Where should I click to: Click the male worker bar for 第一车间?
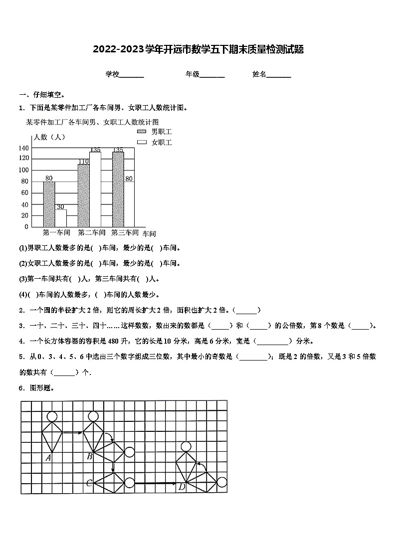tap(49, 204)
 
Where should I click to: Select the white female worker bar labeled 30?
tap(60, 218)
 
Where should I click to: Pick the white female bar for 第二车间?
tap(95, 189)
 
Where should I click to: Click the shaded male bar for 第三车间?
tap(118, 189)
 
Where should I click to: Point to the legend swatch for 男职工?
tap(142, 132)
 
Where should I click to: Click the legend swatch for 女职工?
tap(142, 143)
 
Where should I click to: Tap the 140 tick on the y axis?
tap(23, 148)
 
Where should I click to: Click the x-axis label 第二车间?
tap(91, 232)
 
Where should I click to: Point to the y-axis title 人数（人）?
tap(48, 137)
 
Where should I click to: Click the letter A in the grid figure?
tap(49, 457)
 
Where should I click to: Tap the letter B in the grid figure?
tap(89, 455)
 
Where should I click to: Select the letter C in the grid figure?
tap(89, 483)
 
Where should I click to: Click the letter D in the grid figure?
tap(182, 487)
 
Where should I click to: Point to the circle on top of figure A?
tap(52, 416)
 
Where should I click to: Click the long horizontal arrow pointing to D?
tap(155, 483)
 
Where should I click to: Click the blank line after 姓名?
tap(279, 75)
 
